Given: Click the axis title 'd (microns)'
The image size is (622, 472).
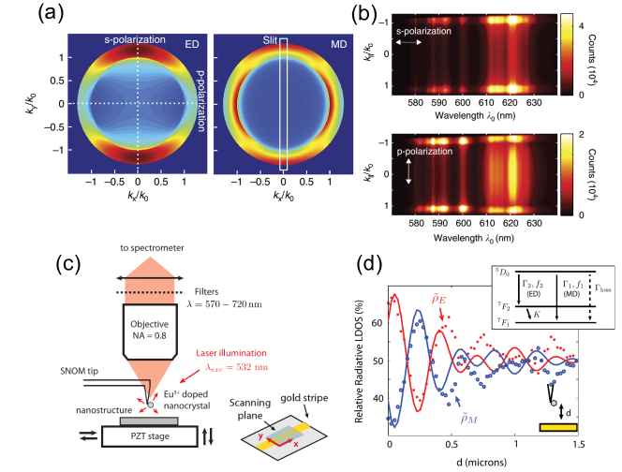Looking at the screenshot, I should [488, 462].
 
